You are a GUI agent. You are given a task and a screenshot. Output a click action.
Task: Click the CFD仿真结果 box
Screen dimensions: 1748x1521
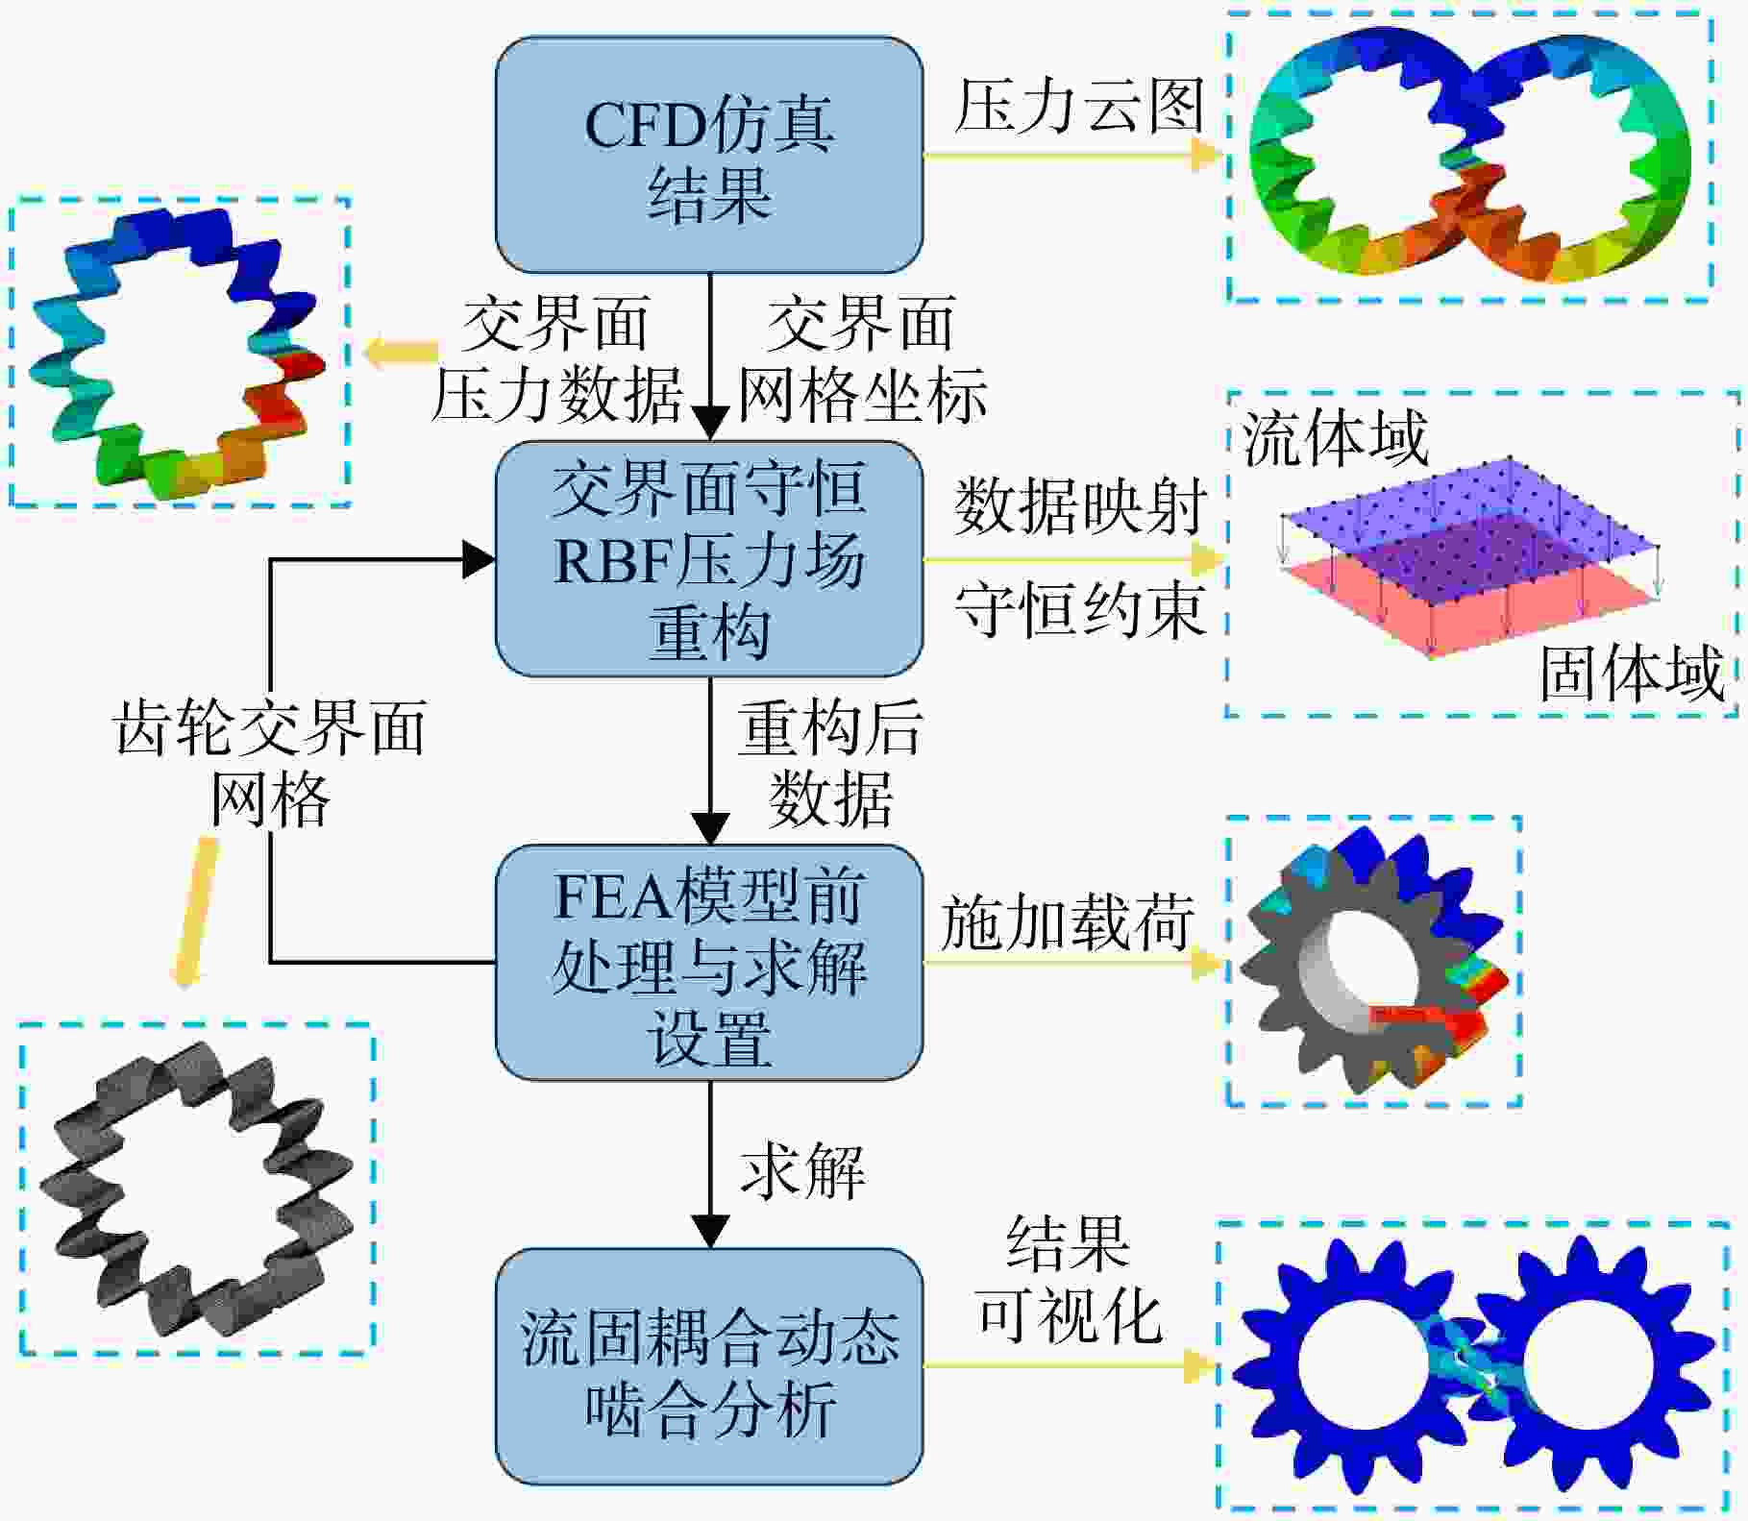709,155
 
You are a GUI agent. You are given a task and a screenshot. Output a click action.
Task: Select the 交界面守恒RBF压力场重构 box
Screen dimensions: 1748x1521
709,559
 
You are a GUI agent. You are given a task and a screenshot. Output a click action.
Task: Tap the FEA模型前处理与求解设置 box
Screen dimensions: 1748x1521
709,963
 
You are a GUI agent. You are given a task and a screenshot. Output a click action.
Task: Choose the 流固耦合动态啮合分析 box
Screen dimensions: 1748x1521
709,1366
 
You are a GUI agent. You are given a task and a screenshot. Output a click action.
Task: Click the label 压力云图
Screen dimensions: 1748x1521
1079,105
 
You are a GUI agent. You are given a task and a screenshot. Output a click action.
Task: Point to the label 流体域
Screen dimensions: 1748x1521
1336,438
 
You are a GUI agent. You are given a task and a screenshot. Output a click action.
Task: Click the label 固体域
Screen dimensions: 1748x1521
1632,674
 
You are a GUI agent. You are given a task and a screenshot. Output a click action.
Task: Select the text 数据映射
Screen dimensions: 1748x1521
1080,505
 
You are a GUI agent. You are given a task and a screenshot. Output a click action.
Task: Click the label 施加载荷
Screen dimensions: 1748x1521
1068,922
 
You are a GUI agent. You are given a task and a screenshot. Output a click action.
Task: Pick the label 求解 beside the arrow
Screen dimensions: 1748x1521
802,1170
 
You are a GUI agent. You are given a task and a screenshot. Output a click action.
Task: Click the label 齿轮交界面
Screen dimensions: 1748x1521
270,727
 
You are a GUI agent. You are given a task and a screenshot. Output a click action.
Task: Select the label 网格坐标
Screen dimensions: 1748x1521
862,394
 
